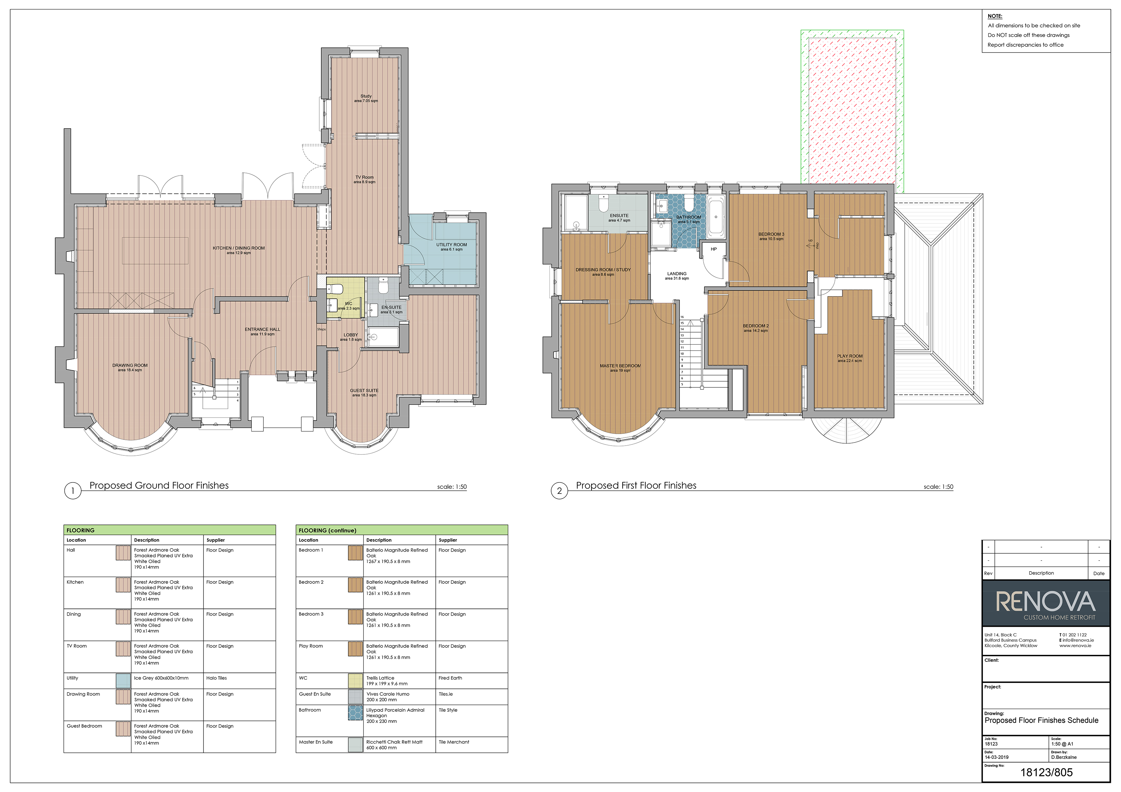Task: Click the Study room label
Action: click(366, 96)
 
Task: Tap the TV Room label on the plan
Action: click(364, 177)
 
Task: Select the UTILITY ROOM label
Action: click(452, 244)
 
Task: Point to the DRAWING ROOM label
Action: click(130, 365)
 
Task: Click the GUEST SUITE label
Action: click(364, 391)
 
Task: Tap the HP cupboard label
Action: click(714, 249)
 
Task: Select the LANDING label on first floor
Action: click(677, 274)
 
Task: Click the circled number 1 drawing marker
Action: click(73, 491)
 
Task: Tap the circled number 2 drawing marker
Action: click(560, 491)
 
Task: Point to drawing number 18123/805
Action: click(1046, 772)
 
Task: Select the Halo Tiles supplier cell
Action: click(216, 678)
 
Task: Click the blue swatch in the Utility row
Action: click(123, 681)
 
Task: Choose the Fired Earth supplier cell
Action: click(450, 678)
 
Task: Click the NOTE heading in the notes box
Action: click(995, 16)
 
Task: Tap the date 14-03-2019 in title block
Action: click(996, 757)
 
